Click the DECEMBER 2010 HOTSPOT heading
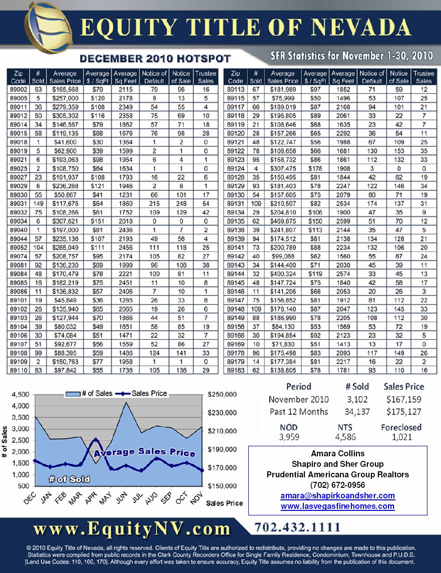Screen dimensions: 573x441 tap(155, 59)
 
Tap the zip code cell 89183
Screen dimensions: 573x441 tap(235, 370)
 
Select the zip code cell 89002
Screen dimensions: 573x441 tap(18, 90)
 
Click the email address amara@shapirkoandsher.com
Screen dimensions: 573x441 tap(337, 495)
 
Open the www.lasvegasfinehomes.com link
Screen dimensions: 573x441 tap(337, 506)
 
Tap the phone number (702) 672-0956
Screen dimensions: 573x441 tap(337, 485)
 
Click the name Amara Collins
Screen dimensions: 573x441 tap(337, 453)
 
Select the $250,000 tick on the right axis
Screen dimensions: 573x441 tap(221, 395)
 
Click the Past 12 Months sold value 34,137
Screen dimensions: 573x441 tap(357, 412)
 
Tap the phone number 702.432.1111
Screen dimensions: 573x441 tap(298, 527)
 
